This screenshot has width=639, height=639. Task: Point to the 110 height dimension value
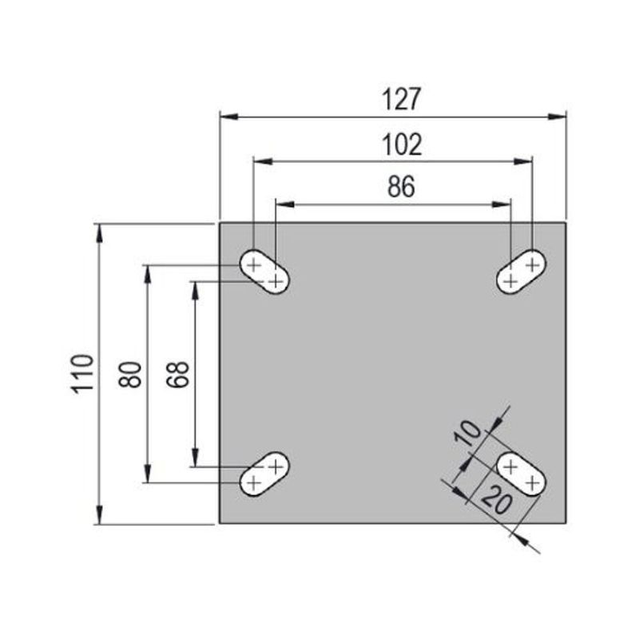coord(83,373)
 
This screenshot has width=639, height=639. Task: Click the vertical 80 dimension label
coord(130,374)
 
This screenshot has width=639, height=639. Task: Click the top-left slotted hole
coord(265,272)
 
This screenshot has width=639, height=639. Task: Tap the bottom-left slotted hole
coord(265,473)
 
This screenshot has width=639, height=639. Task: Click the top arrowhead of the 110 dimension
coord(99,232)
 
